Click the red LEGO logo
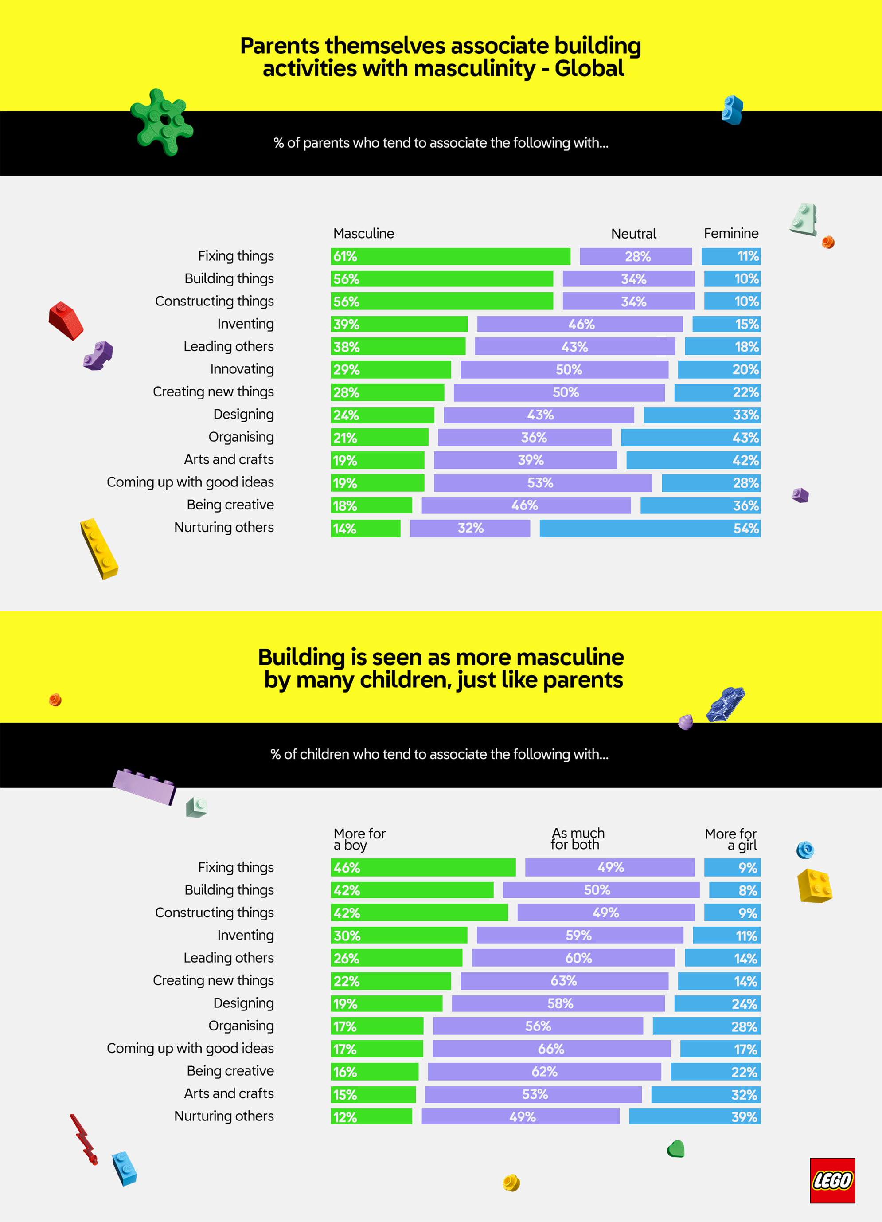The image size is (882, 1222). [832, 1180]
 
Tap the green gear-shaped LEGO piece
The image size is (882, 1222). [161, 122]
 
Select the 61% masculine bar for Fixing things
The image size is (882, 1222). [450, 256]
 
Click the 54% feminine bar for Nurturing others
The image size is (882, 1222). [649, 529]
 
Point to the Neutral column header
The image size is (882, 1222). [633, 234]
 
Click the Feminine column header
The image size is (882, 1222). [731, 233]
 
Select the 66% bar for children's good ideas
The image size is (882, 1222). [551, 1049]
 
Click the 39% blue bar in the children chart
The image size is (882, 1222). [694, 1117]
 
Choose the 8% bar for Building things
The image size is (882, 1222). [734, 890]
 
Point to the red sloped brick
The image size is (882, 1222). [66, 321]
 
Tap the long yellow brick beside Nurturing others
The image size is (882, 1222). [99, 548]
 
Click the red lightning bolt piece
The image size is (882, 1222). [84, 1139]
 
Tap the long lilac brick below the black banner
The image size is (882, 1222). [144, 786]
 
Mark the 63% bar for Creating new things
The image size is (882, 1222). [564, 981]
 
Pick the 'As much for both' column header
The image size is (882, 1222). [577, 839]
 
